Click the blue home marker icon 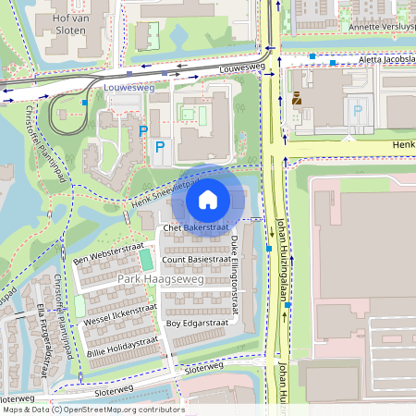tap(208, 200)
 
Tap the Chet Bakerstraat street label tap(195, 227)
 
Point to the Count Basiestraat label tap(197, 261)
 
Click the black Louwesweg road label tap(242, 69)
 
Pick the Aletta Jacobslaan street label tap(379, 57)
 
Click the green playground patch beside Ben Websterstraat tap(146, 253)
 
